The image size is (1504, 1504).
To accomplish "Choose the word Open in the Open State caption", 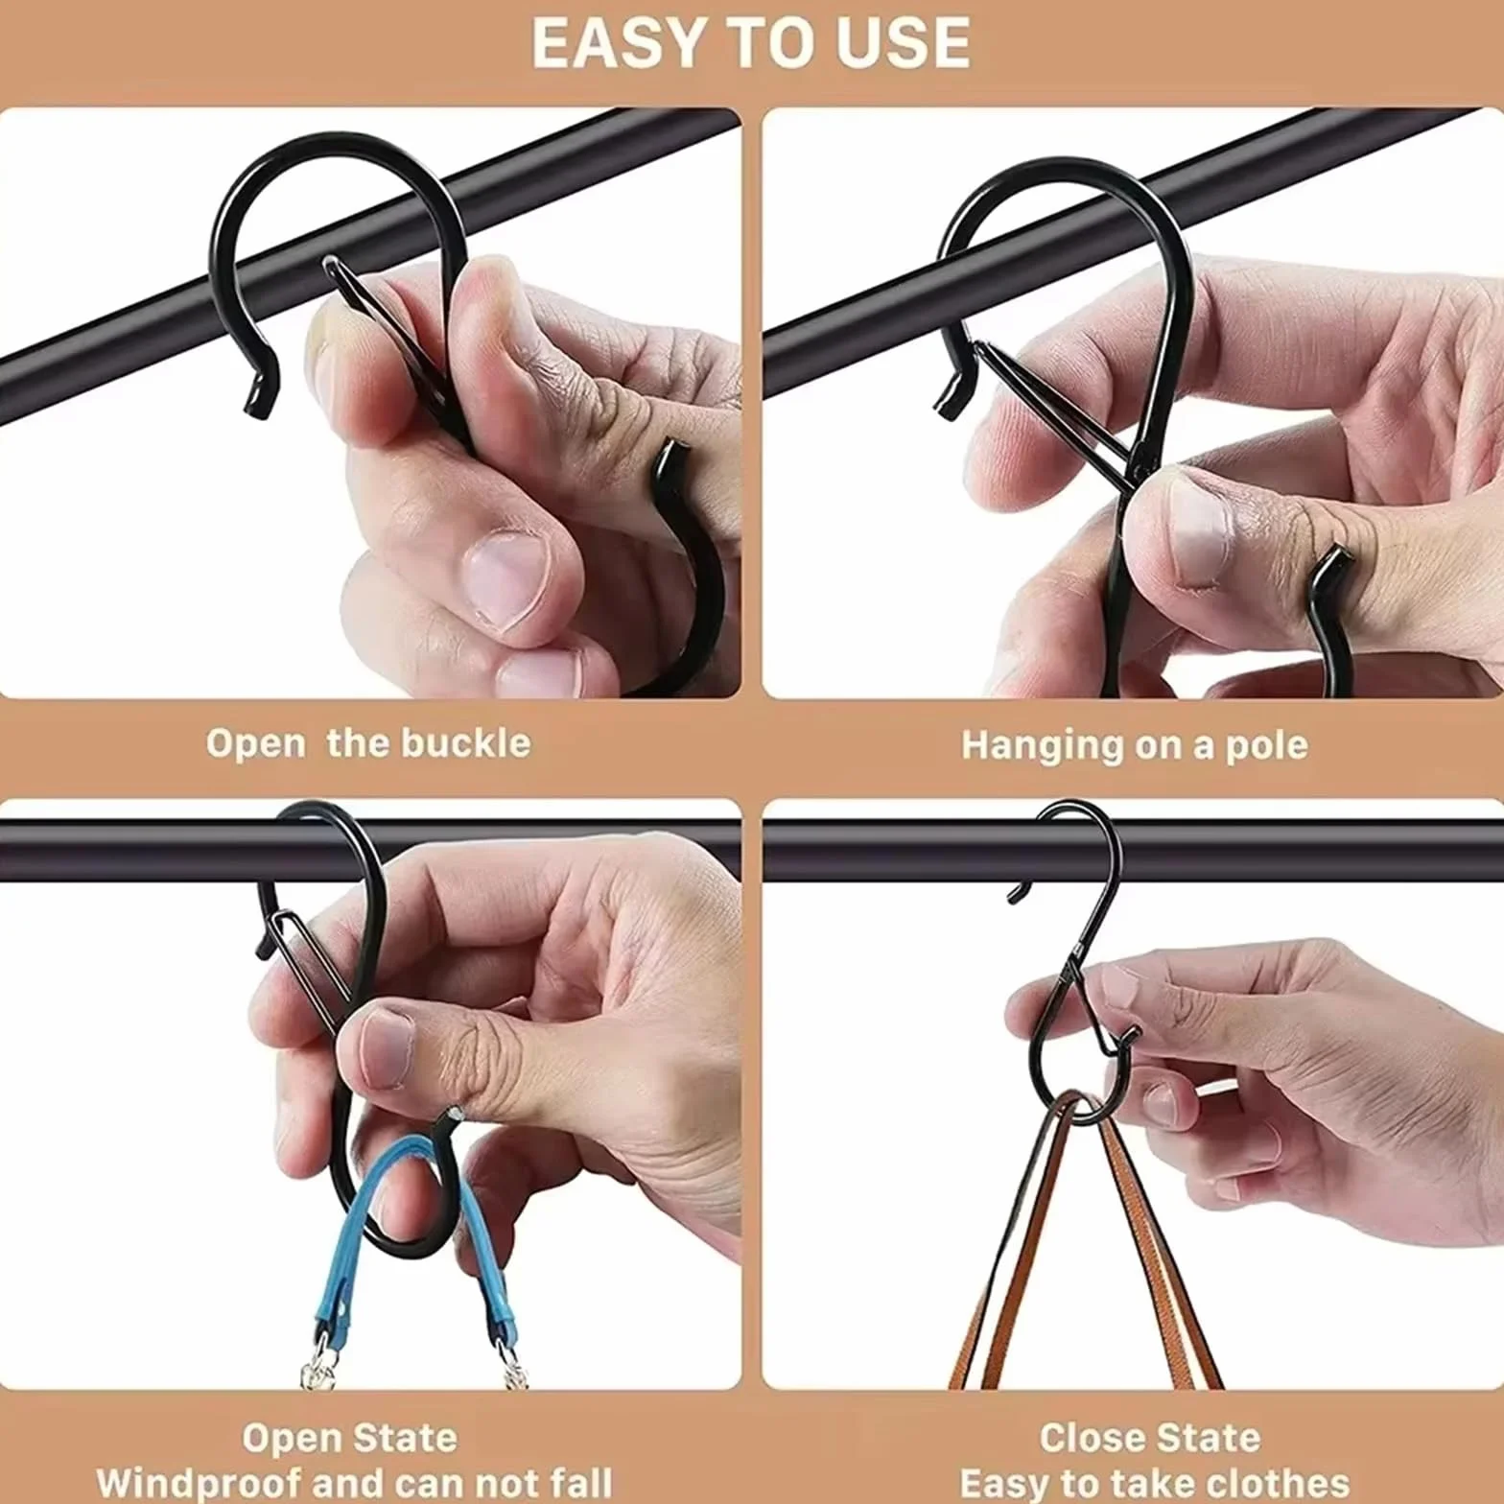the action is tap(290, 1438).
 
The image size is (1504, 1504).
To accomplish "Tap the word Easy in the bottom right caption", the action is tap(1006, 1483).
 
